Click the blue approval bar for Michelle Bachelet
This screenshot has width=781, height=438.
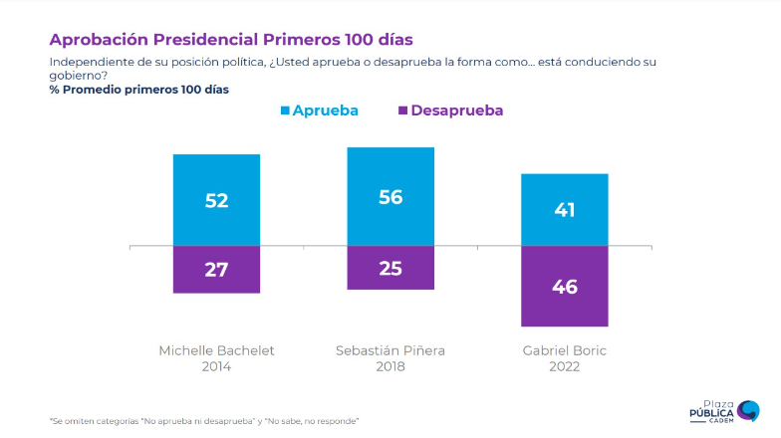tap(216, 179)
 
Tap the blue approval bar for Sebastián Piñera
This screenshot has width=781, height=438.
tap(390, 174)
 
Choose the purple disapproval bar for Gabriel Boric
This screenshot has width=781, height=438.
tap(565, 299)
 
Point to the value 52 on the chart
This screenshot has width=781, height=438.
tap(216, 200)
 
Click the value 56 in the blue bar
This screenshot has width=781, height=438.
tap(390, 197)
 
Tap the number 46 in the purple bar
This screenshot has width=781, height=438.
tap(565, 287)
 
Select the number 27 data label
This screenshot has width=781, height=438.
tap(216, 270)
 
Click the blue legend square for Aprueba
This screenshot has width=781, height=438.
tap(285, 110)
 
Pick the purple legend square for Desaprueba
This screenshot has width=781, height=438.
tap(402, 110)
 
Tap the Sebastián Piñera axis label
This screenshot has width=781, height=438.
tap(390, 350)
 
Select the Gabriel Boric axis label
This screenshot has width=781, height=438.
tap(564, 350)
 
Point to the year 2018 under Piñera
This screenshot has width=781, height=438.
tap(390, 366)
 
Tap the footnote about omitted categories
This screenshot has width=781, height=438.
tap(204, 421)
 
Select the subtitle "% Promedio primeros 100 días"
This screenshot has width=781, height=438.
tap(138, 90)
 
